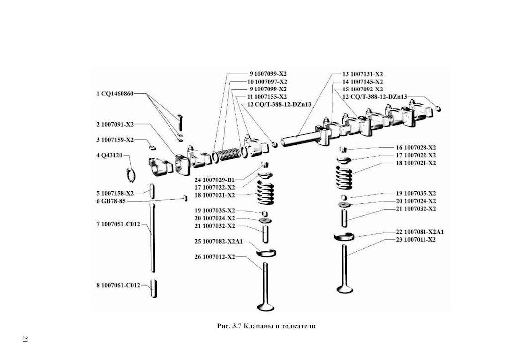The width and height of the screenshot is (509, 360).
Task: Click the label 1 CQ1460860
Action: pos(115,94)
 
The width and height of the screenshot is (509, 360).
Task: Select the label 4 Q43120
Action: pos(109,155)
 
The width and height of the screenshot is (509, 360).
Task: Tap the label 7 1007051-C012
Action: pos(118,224)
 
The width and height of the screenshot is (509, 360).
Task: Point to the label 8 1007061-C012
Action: pos(118,285)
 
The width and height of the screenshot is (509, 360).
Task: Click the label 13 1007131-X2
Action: pos(362,74)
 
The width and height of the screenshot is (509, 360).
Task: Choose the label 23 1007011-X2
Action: pos(416,240)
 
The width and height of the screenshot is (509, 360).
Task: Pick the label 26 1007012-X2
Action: pos(215,257)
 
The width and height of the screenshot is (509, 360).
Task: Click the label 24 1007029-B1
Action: pos(214,180)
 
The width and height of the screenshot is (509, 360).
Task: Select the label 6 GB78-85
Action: pos(111,201)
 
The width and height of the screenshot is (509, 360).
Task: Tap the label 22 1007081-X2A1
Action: pos(420,232)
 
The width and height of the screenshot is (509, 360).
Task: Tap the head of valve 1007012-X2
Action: pos(266,306)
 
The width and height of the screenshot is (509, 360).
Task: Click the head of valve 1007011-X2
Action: pos(345,288)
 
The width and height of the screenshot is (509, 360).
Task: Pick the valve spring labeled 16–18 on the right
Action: pos(344,177)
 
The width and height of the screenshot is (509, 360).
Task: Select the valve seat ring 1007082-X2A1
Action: pos(266,252)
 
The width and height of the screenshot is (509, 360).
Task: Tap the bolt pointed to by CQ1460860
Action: pos(180,122)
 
